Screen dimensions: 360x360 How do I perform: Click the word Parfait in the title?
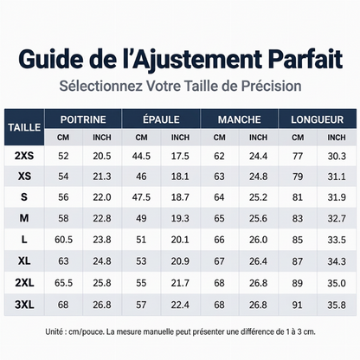[305, 60]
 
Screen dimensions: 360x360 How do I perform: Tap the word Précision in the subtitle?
[271, 86]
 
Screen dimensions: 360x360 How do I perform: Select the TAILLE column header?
[24, 127]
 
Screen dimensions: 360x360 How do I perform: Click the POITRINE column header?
[83, 119]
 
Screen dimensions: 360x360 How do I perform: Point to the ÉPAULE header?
[161, 119]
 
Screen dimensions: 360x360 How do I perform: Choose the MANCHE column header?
[240, 119]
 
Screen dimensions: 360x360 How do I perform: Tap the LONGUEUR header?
[317, 119]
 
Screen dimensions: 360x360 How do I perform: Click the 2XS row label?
[24, 156]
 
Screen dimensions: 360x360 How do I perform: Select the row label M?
[24, 218]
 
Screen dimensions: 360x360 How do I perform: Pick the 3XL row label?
[24, 305]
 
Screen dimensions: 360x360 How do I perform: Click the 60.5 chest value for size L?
[63, 240]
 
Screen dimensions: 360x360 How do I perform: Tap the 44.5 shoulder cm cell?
[141, 156]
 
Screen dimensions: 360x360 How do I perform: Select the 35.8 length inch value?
[337, 305]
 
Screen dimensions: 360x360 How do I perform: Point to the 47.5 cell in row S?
[141, 197]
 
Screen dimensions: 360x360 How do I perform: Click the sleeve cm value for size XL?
[219, 261]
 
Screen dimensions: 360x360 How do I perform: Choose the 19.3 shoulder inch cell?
[180, 218]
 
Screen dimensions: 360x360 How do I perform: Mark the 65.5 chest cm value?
[63, 283]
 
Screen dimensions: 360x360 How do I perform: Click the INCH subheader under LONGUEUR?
[337, 138]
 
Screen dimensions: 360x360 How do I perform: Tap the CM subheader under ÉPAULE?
[141, 138]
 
